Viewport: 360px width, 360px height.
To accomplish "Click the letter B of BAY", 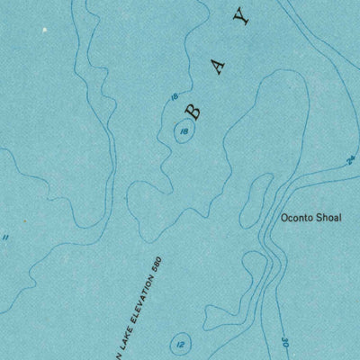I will (x=193, y=111).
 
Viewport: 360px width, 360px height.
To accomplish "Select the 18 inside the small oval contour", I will (x=184, y=132).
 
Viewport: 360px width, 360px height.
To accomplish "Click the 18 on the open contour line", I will (x=173, y=97).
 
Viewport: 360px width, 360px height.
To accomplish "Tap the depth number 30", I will (x=283, y=342).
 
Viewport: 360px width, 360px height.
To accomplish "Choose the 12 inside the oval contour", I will (x=180, y=344).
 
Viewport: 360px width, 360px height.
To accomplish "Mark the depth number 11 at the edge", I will (x=5, y=238).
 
